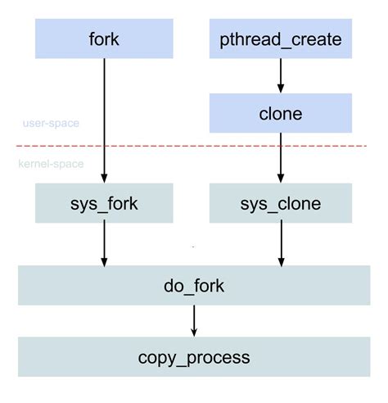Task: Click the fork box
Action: (x=104, y=38)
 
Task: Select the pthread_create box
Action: (x=281, y=38)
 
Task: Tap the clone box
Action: (x=281, y=113)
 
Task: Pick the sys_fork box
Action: (x=104, y=203)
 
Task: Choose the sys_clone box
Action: (x=281, y=203)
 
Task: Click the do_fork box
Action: (x=194, y=285)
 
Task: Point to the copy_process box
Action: (x=194, y=357)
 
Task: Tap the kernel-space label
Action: (x=51, y=164)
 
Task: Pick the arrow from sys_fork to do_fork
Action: (x=104, y=242)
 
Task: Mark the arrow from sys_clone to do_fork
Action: (x=281, y=242)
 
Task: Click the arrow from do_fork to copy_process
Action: (x=194, y=319)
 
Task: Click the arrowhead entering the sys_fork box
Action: (x=104, y=178)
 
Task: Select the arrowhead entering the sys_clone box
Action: (x=281, y=178)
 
